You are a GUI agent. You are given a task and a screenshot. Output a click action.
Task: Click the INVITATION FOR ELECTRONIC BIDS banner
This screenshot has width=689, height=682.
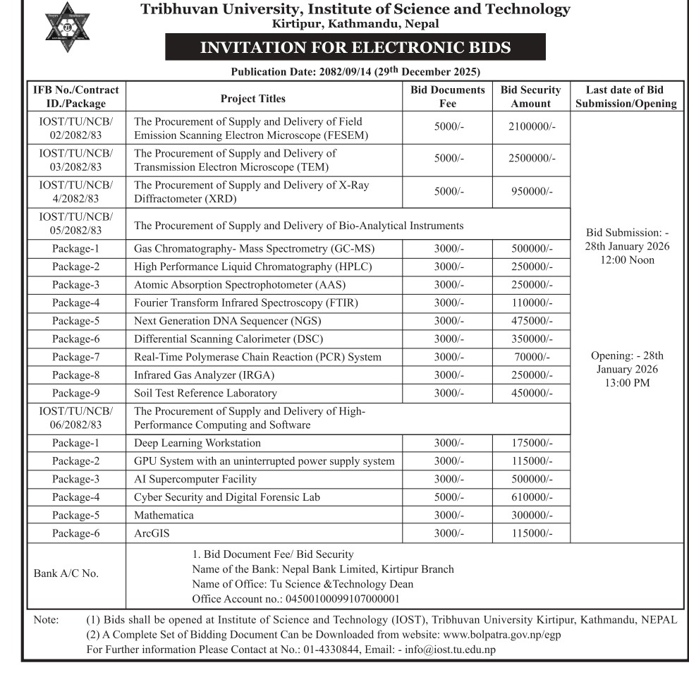pos(355,48)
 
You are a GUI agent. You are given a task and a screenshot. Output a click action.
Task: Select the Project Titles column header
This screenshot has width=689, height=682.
pos(253,99)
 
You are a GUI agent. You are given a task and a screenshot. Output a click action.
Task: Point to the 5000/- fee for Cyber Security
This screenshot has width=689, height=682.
pos(449,498)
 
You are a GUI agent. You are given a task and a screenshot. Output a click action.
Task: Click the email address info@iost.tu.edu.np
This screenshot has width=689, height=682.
pos(450,650)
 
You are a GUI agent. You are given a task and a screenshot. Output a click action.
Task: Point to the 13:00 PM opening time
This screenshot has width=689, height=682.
pos(626,383)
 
